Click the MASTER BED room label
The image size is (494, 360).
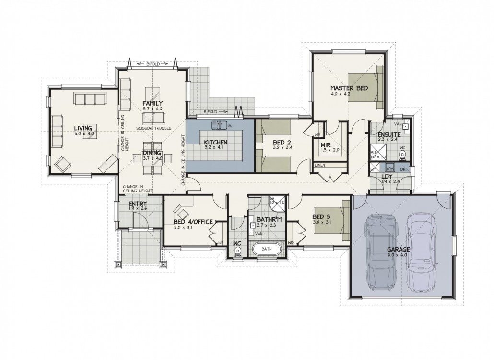349,88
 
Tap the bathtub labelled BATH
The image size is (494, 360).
266,249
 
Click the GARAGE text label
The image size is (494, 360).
399,250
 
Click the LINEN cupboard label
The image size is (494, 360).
320,166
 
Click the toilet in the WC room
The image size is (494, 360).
237,253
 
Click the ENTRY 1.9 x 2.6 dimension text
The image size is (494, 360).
137,209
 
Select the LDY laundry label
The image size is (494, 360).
387,176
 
